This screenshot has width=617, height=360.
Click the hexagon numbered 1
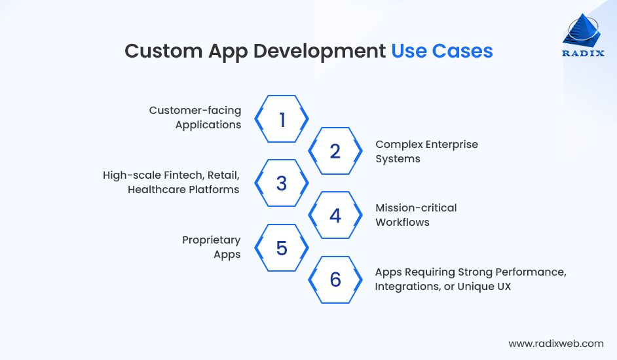pos(282,119)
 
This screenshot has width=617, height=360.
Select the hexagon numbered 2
pos(335,151)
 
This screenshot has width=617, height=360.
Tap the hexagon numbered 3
pos(282,183)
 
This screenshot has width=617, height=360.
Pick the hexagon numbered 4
pos(335,215)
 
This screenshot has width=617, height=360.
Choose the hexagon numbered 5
pos(282,248)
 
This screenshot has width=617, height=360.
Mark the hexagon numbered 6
pos(335,280)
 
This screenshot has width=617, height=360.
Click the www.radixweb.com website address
pos(555,343)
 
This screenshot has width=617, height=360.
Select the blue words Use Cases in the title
pos(441,51)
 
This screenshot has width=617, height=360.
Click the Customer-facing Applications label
pos(195,117)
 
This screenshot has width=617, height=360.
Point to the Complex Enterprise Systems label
pos(426,151)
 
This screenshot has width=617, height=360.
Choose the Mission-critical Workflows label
pos(415,215)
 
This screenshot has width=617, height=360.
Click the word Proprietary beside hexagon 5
pos(211,240)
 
